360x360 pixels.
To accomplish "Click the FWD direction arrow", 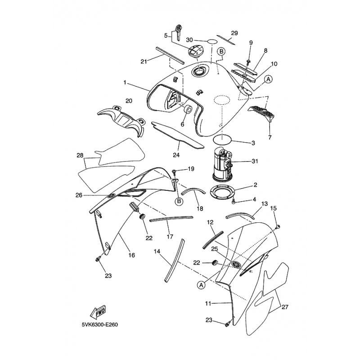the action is tap(98, 311).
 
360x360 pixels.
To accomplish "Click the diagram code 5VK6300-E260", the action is tap(99, 325).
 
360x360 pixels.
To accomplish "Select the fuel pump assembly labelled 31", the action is tap(222, 164).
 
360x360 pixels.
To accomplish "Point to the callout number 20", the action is tap(129, 101).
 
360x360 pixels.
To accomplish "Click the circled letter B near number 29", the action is tap(221, 51).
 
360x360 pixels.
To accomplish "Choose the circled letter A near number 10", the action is tap(268, 80).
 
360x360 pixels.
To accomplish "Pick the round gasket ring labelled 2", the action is tap(223, 192).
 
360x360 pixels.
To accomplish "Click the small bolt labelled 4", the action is tap(234, 201).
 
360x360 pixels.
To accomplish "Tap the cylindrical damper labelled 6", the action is tap(187, 109).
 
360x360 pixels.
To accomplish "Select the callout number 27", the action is tap(285, 307).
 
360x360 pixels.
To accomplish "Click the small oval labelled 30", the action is tap(212, 42).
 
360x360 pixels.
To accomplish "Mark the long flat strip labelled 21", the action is tap(170, 55).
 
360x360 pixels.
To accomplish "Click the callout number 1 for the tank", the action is tap(125, 82).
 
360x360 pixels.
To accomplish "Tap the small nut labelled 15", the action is tap(278, 227).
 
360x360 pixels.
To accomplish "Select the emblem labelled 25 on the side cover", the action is tap(236, 264).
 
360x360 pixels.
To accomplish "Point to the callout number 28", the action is tap(80, 155).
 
